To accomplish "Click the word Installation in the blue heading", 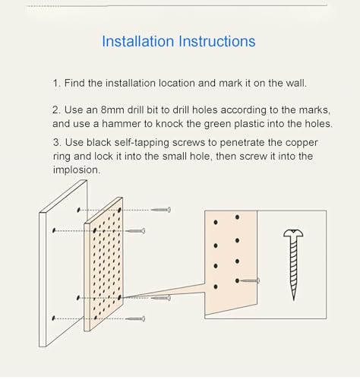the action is click(138, 41).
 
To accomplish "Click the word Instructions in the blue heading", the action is click(217, 41).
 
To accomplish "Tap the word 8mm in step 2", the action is click(112, 110).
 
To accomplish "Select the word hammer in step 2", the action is click(118, 124).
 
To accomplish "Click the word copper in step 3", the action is click(302, 143).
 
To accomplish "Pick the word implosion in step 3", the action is click(77, 170).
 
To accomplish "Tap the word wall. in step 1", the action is click(296, 83).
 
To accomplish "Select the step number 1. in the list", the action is click(56, 83).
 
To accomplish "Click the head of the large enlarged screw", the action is click(293, 233).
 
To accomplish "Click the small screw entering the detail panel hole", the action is click(250, 280).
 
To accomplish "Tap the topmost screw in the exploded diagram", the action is click(161, 210).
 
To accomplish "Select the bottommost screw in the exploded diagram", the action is click(135, 318).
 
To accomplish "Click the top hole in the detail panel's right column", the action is click(237, 217).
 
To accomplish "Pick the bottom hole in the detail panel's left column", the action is click(216, 287).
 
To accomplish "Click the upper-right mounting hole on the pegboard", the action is click(119, 210).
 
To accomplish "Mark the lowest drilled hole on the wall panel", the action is click(53, 318).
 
